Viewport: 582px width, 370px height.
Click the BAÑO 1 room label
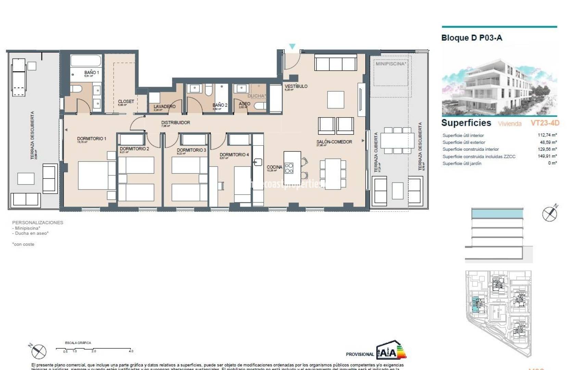[91, 72]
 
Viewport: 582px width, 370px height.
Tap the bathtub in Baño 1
[86, 61]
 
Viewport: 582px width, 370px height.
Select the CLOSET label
[126, 101]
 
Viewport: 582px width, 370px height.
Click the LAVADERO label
[164, 107]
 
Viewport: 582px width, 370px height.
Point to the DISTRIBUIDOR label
[176, 122]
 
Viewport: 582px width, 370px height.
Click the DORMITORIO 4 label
[234, 155]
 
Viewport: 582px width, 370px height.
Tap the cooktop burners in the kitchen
[289, 168]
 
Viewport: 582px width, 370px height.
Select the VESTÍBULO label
[296, 86]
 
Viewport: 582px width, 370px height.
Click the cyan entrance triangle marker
[292, 46]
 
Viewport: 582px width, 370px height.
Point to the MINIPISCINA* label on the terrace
[391, 64]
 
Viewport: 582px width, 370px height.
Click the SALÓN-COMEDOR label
[334, 141]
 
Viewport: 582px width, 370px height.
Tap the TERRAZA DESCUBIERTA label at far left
[33, 135]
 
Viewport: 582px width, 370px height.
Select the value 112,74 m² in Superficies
[547, 135]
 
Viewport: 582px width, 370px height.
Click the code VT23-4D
[545, 123]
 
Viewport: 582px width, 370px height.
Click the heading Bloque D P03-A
[471, 38]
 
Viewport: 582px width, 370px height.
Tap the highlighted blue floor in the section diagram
[497, 214]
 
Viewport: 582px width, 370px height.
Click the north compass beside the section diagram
[549, 214]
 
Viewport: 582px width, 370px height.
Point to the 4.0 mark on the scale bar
[131, 351]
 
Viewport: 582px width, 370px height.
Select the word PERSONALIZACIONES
[38, 222]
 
